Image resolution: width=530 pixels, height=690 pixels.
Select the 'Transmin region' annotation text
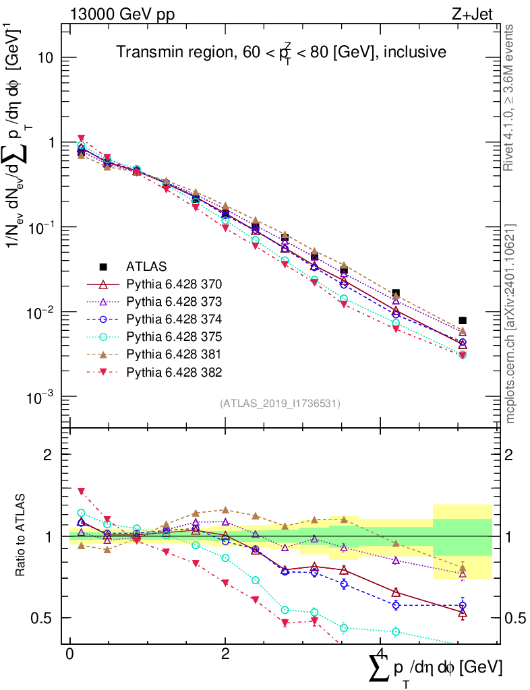tap(281, 53)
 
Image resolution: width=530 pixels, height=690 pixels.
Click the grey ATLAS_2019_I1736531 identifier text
tap(280, 404)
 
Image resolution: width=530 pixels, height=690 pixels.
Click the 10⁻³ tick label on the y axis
tap(40, 397)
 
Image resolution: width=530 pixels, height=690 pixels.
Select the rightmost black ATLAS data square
tap(462, 321)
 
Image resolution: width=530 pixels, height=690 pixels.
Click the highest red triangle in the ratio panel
tap(81, 491)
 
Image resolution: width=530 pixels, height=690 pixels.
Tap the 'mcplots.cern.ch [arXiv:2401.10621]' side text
tap(510, 323)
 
